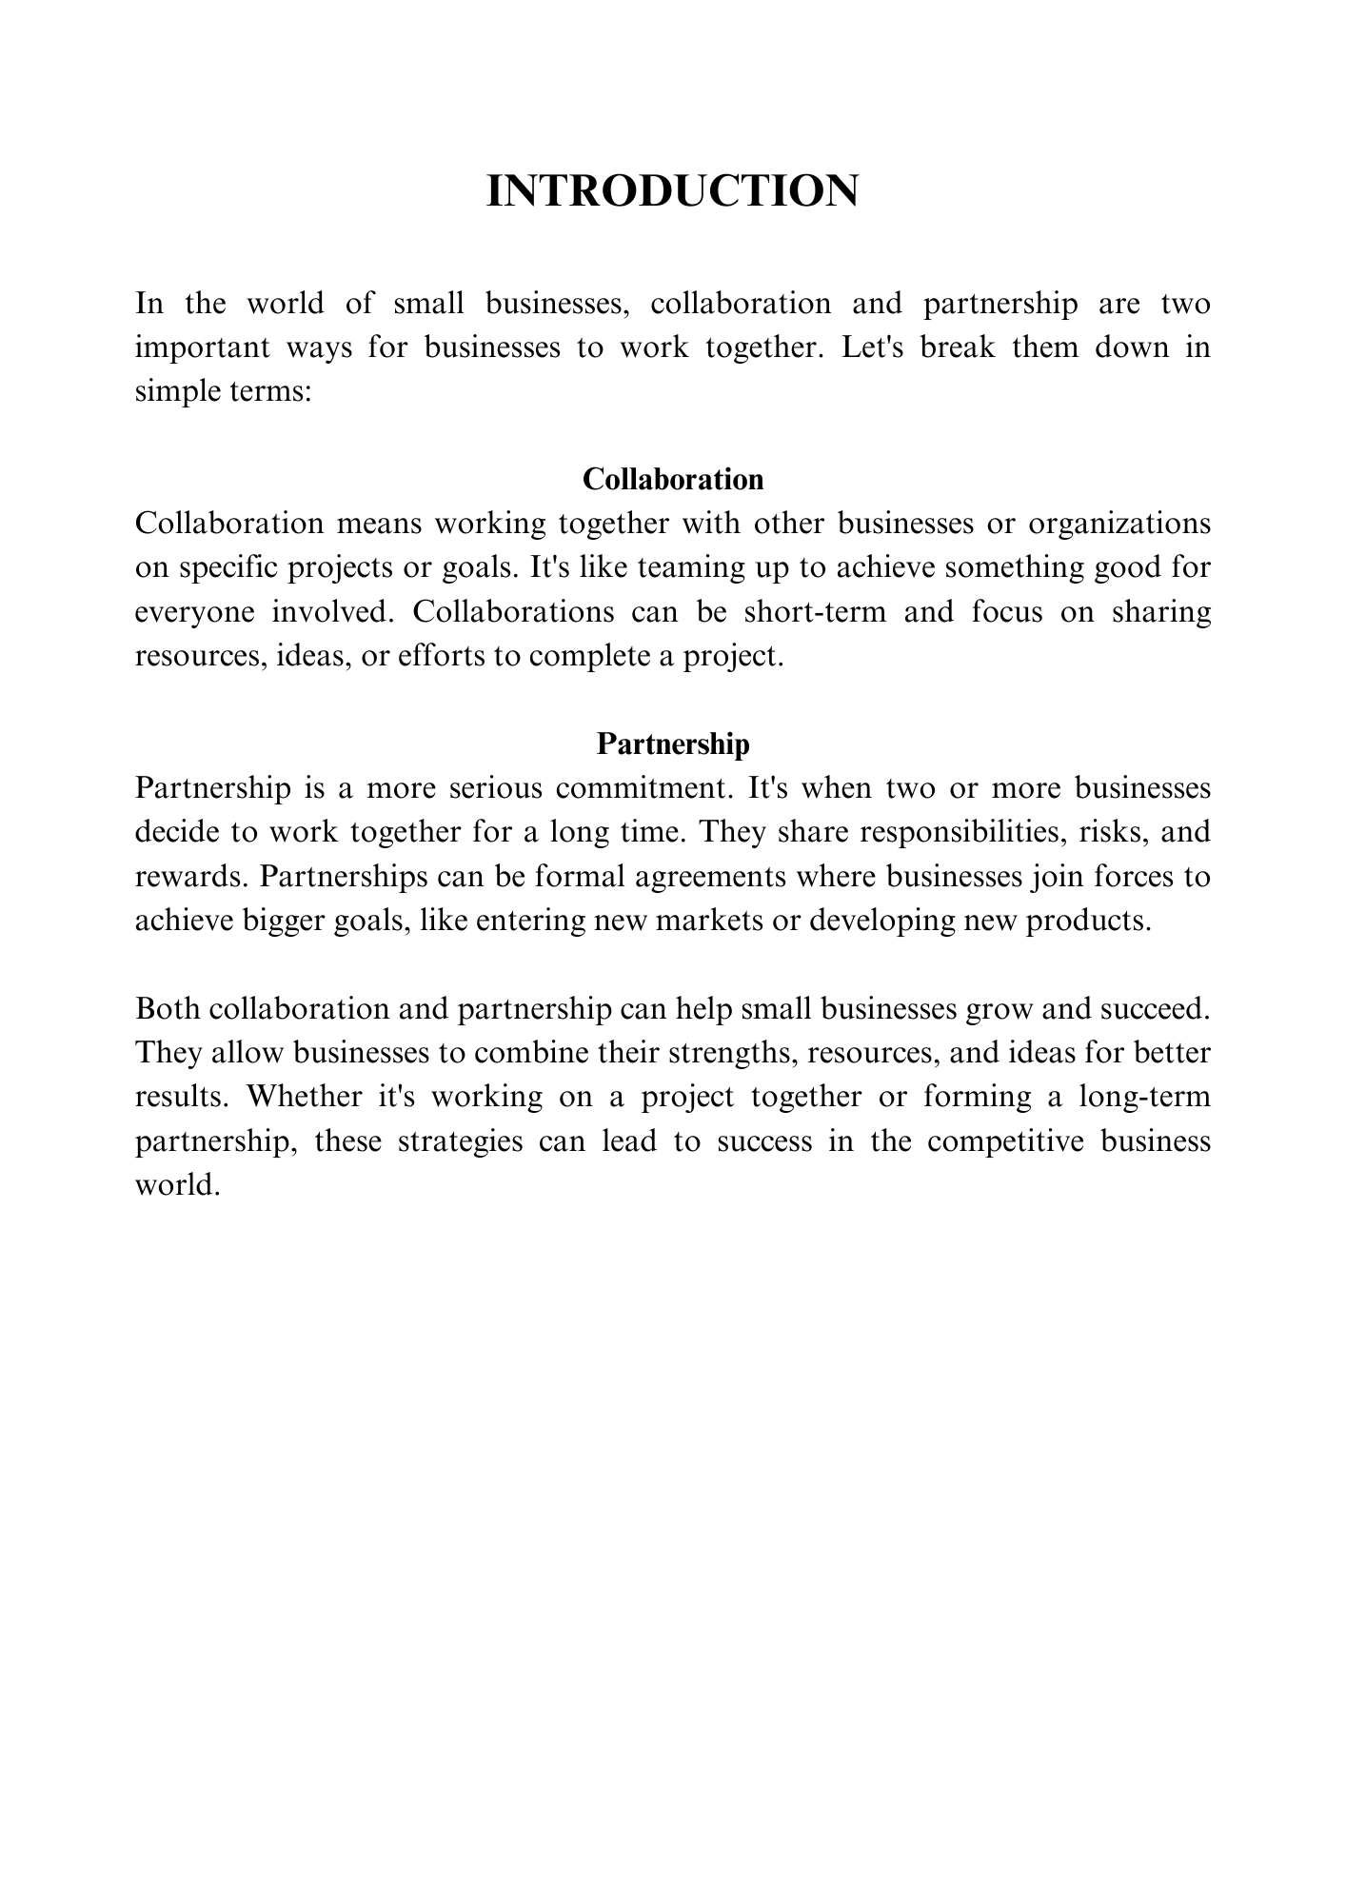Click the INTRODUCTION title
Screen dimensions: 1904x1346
coord(672,191)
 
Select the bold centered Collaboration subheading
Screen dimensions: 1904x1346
coord(672,479)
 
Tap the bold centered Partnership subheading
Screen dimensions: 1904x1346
coord(672,744)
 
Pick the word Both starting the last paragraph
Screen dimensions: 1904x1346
coord(166,1009)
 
